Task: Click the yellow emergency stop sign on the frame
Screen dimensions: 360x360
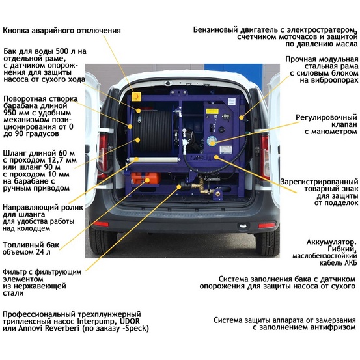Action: point(136,96)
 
